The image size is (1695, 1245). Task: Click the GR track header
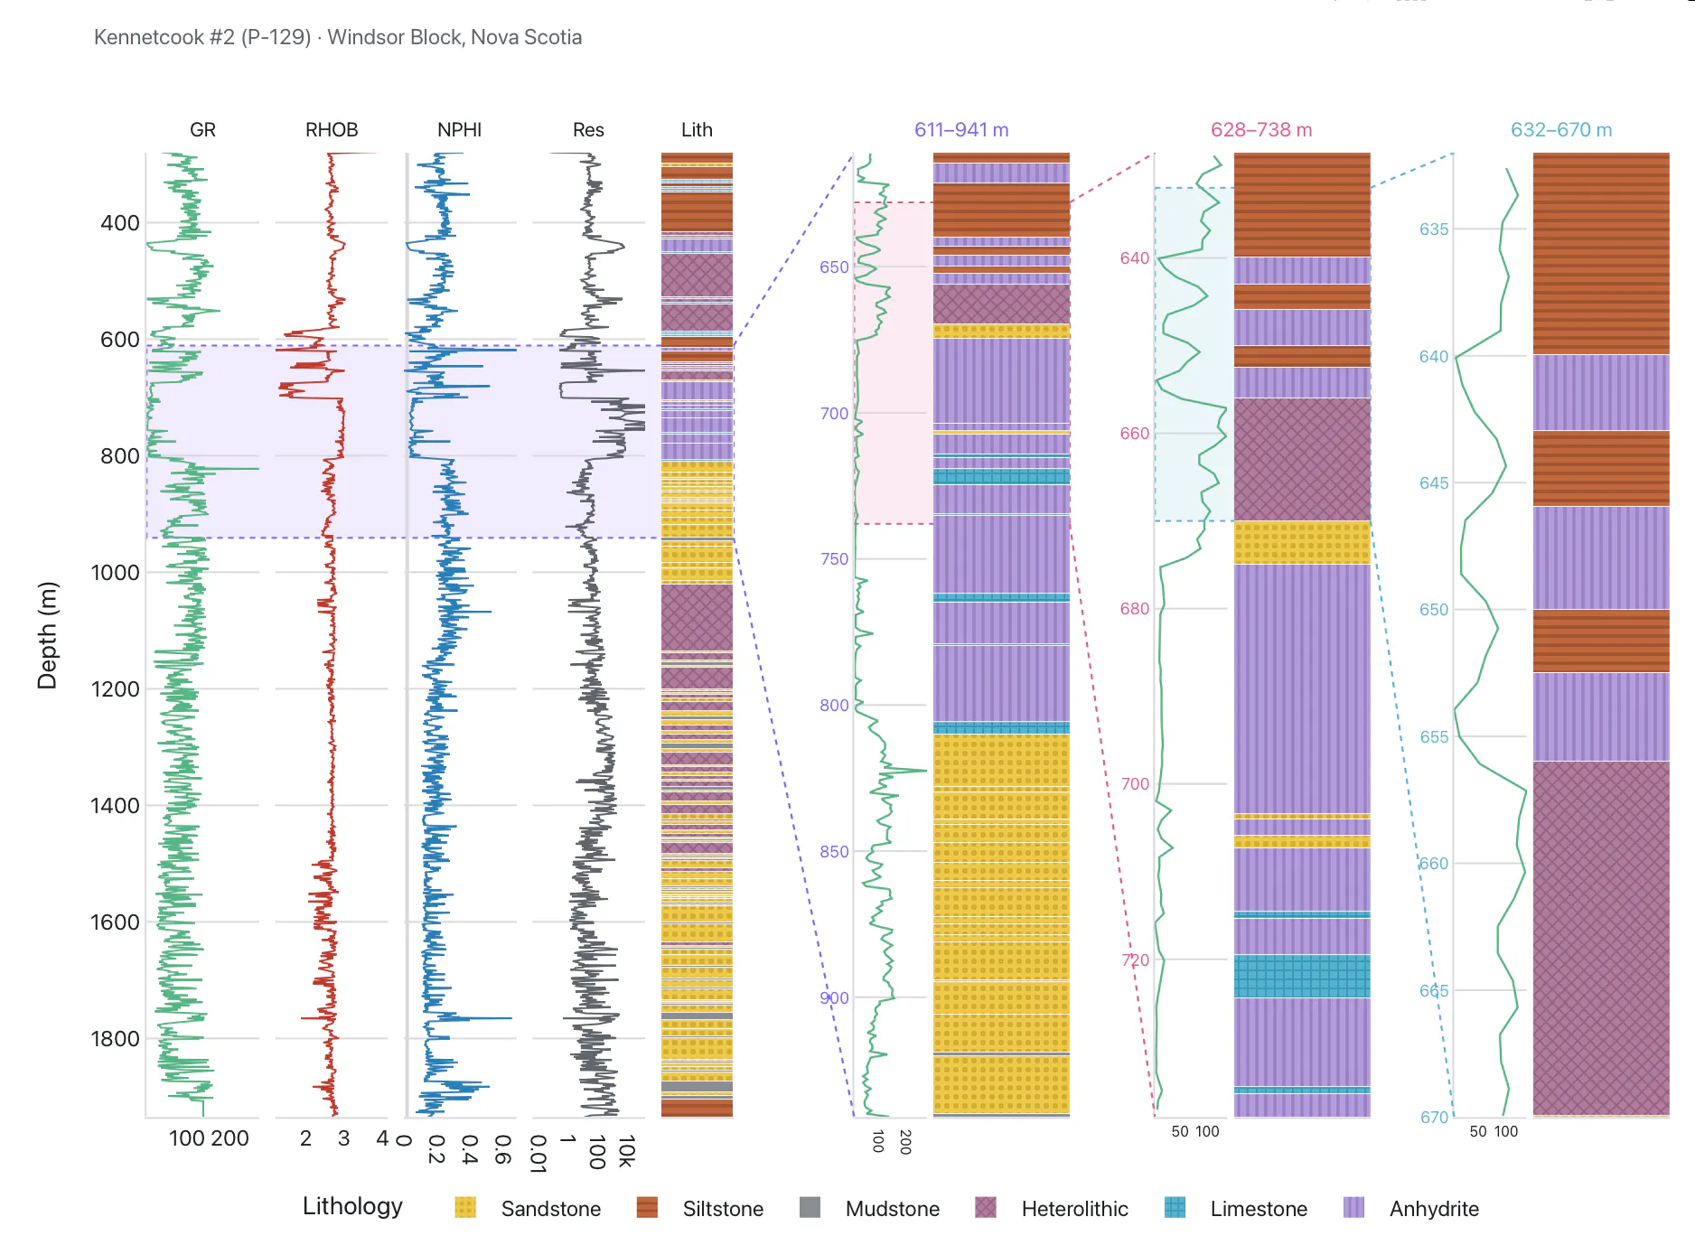click(x=202, y=130)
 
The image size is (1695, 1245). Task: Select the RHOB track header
click(x=332, y=130)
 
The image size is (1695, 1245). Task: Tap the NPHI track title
click(x=459, y=130)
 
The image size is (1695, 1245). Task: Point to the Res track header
click(x=588, y=130)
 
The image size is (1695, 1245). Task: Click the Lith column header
click(x=697, y=130)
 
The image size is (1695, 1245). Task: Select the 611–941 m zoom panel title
click(x=961, y=130)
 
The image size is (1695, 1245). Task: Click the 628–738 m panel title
click(x=1261, y=130)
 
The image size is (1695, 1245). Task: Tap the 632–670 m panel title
click(x=1561, y=130)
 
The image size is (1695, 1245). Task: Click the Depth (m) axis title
click(x=47, y=635)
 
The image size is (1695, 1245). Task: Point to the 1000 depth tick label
click(x=116, y=573)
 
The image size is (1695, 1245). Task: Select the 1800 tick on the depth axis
click(x=116, y=1039)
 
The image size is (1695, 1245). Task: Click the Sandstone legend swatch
click(x=465, y=1208)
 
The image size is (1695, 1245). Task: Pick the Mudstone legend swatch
click(x=810, y=1208)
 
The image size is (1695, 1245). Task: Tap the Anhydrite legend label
click(x=1434, y=1209)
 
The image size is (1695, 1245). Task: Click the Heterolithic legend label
click(x=1074, y=1209)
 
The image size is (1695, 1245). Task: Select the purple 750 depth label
click(x=834, y=559)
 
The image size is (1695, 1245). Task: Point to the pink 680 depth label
click(x=1135, y=609)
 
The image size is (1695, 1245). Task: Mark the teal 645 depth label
click(x=1434, y=483)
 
